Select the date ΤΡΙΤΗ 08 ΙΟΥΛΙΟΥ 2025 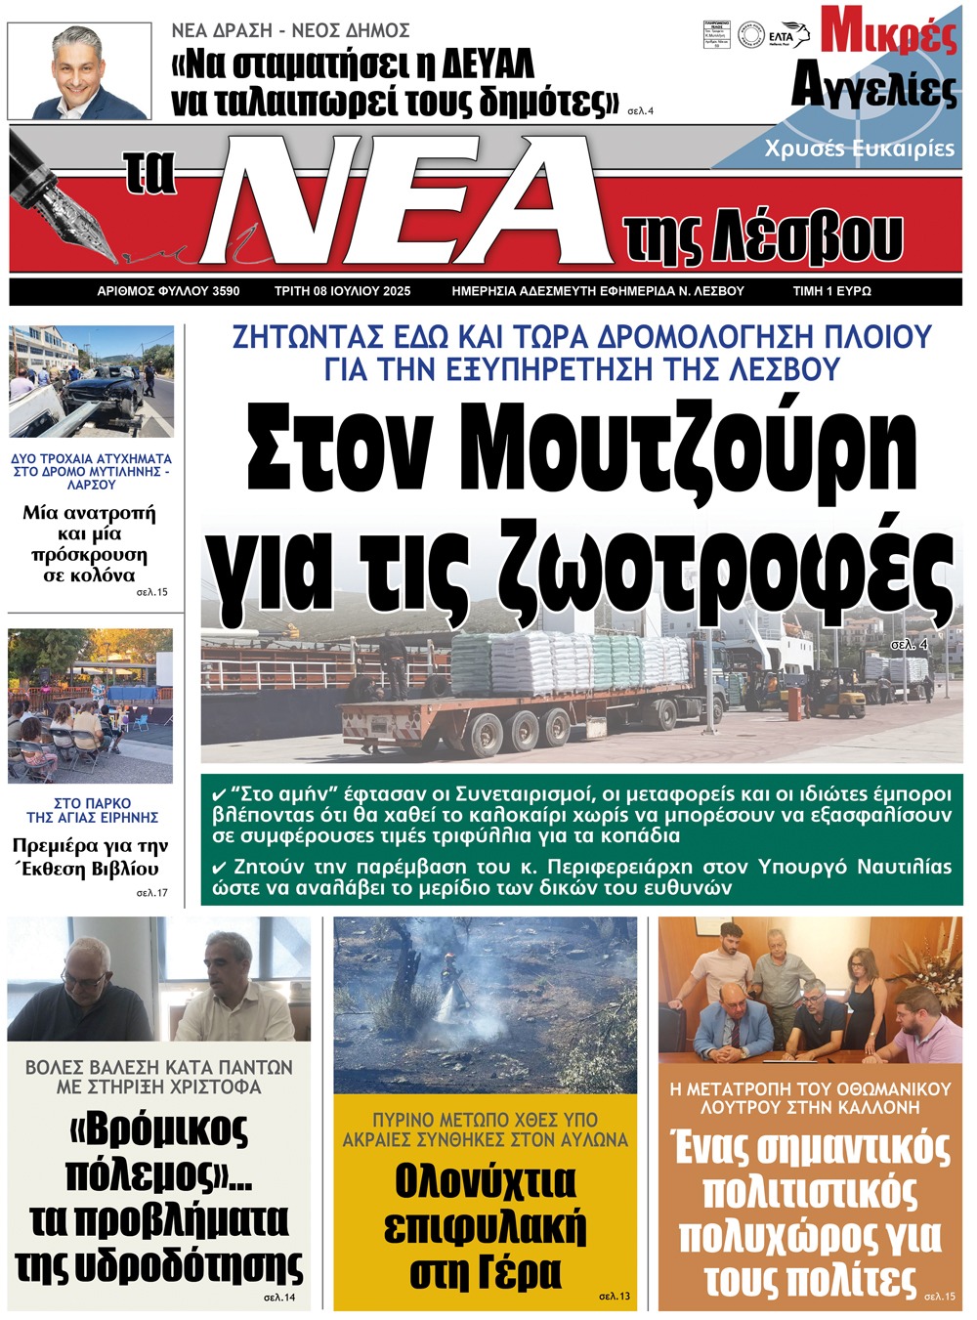pos(342,291)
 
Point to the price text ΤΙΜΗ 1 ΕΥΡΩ pos(831,291)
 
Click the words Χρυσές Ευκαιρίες pos(859,149)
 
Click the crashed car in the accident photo pos(98,395)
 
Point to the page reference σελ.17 pos(151,892)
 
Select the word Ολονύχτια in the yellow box pos(486,1182)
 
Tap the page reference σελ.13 pos(615,1297)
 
